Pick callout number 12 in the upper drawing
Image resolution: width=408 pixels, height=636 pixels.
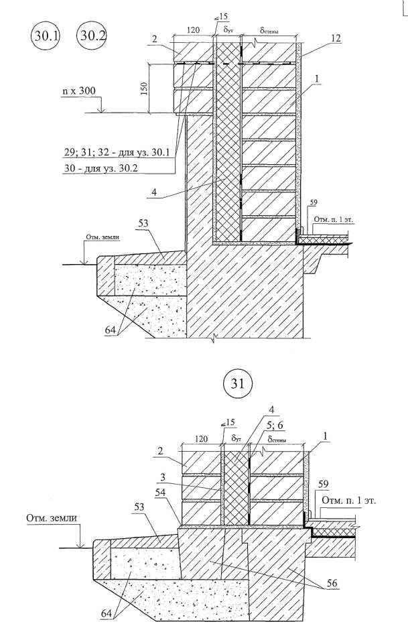tap(336, 40)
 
